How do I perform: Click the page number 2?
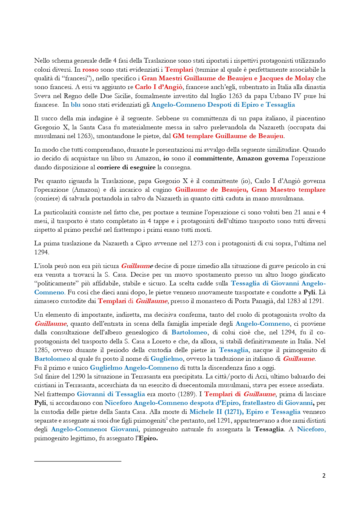[324, 476]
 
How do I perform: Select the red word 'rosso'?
[90, 70]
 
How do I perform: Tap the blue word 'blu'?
[75, 105]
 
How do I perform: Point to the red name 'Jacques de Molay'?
[287, 78]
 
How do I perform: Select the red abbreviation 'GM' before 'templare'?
[178, 136]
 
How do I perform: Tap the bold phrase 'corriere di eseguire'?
[126, 167]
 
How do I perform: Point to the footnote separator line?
[77, 461]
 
